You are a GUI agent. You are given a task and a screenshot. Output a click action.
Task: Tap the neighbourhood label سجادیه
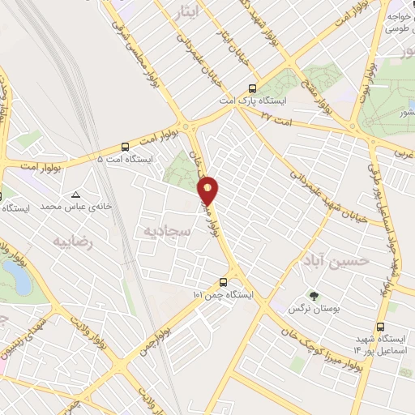[x=168, y=231]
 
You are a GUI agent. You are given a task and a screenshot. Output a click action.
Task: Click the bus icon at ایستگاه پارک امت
[x=253, y=88]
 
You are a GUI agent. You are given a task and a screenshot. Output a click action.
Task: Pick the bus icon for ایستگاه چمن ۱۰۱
[x=223, y=283]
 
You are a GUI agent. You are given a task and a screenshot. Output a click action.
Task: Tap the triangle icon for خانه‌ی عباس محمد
[x=75, y=195]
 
